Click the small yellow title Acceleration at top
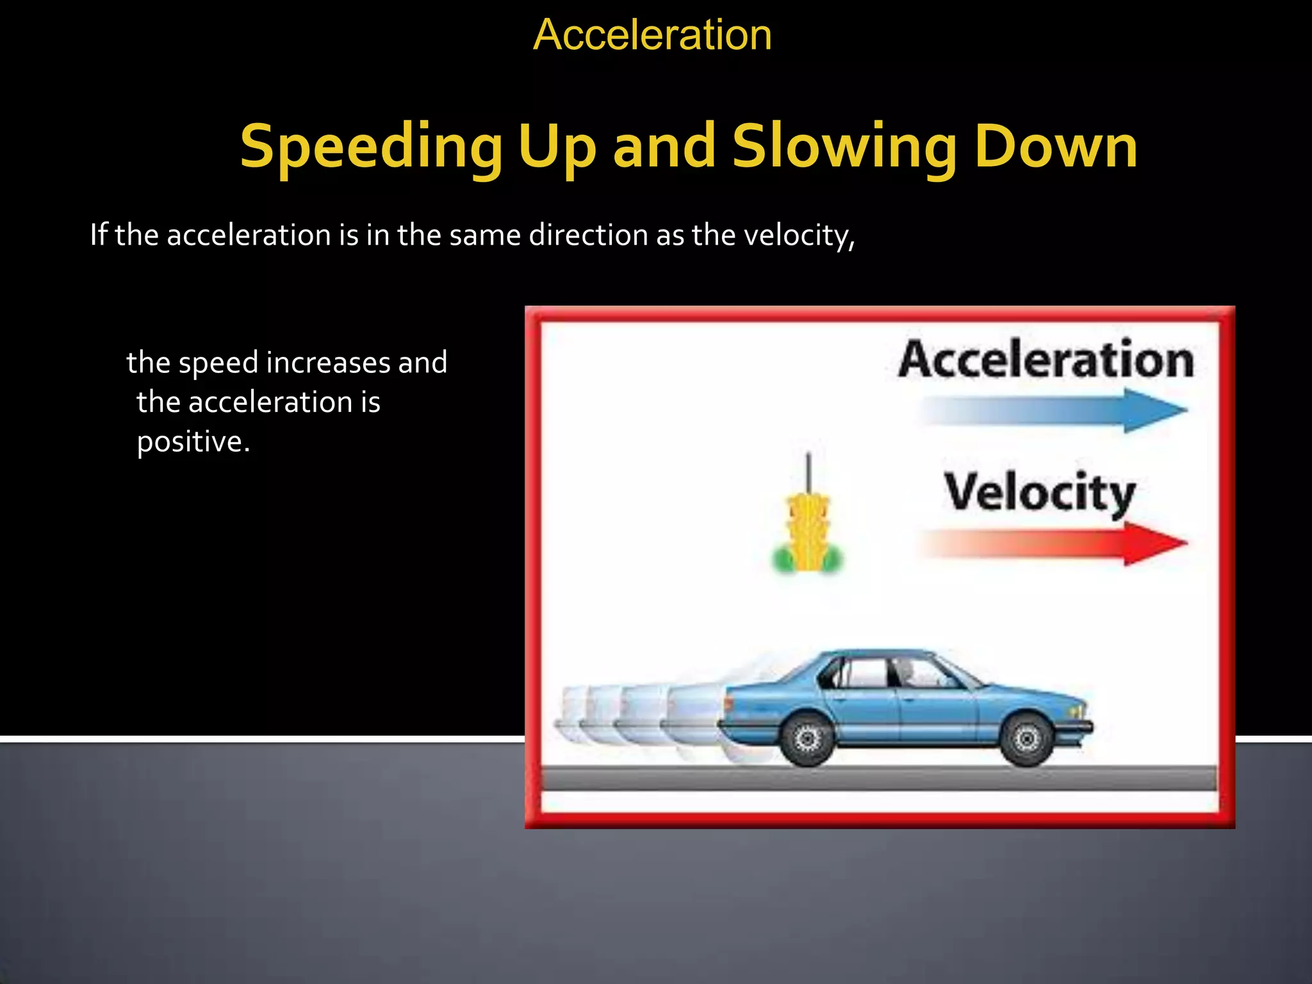652,35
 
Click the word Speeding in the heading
371,147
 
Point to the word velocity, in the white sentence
799,235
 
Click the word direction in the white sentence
588,235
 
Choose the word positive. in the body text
193,442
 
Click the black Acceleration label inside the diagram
1045,360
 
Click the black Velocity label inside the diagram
1039,493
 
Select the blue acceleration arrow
1054,411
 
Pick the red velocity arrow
1054,544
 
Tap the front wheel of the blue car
1026,739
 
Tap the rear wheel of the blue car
807,739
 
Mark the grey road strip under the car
878,778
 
